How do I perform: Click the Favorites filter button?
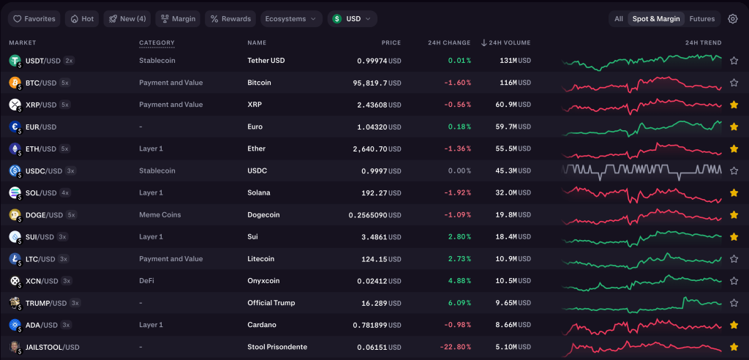[35, 18]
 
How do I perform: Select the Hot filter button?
[82, 18]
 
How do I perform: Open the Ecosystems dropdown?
[291, 18]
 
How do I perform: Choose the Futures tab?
[701, 18]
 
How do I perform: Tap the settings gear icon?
[732, 18]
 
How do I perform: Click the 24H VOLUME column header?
[505, 42]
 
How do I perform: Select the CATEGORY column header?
[157, 42]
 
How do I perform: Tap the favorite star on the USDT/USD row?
[734, 61]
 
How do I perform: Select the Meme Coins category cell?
[159, 215]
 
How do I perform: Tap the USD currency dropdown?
[352, 18]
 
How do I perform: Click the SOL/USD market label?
[40, 193]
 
